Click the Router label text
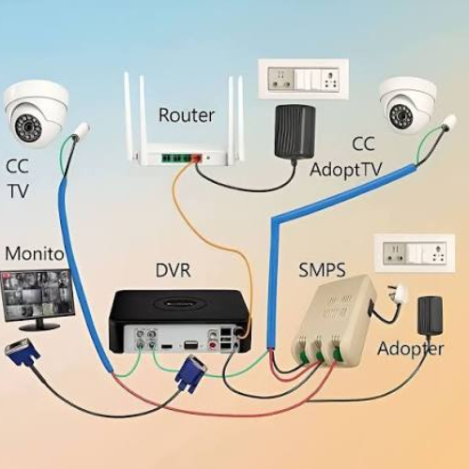pyautogui.click(x=187, y=114)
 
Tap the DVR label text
pyautogui.click(x=173, y=270)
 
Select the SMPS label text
pyautogui.click(x=322, y=269)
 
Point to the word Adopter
pyautogui.click(x=411, y=349)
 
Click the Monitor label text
pyautogui.click(x=35, y=253)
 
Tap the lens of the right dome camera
pyautogui.click(x=401, y=114)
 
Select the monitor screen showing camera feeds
pyautogui.click(x=38, y=295)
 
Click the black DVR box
pyautogui.click(x=179, y=322)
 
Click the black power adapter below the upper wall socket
pyautogui.click(x=295, y=130)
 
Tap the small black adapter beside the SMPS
pyautogui.click(x=430, y=315)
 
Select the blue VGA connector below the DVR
pyautogui.click(x=191, y=373)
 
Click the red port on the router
pyautogui.click(x=197, y=158)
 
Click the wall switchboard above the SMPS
pyautogui.click(x=415, y=253)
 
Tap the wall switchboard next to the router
pyautogui.click(x=303, y=79)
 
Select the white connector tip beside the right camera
pyautogui.click(x=449, y=122)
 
